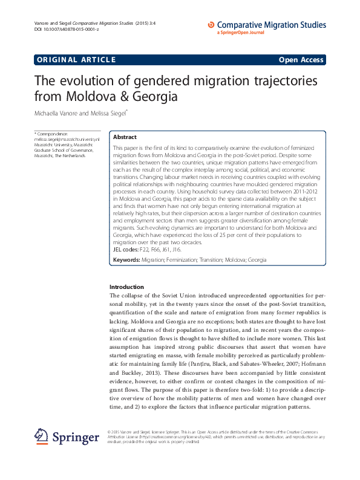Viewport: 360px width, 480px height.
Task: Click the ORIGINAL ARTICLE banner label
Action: click(x=76, y=59)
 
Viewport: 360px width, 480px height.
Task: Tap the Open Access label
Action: click(x=301, y=59)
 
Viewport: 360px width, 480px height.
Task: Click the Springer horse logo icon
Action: click(x=41, y=435)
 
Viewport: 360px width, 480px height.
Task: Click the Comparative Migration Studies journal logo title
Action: click(x=271, y=25)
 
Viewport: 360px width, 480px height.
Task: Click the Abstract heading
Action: click(x=125, y=137)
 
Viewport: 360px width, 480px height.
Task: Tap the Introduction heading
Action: click(x=126, y=287)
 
